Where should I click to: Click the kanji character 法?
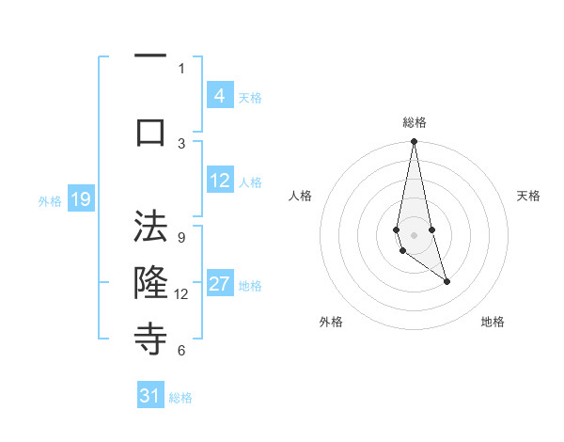point(150,229)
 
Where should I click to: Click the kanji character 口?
point(150,132)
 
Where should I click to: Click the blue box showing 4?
point(219,95)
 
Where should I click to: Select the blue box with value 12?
point(219,181)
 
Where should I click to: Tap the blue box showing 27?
point(219,284)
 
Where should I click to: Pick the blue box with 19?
point(80,198)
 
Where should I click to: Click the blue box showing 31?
point(150,396)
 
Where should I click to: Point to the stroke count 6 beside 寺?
point(181,350)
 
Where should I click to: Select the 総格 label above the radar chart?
point(414,122)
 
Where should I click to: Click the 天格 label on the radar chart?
point(528,196)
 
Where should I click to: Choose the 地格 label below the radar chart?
point(493,322)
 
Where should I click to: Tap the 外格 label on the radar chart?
point(331,322)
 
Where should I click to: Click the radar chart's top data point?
point(414,141)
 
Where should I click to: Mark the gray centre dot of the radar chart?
point(414,235)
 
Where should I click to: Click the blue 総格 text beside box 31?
point(180,398)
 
